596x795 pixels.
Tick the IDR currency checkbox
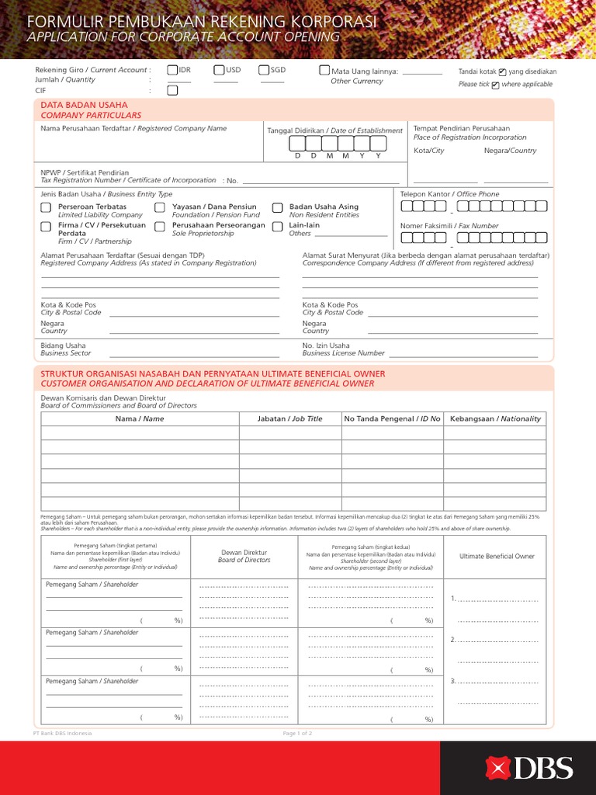pos(172,71)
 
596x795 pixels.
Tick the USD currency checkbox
pos(219,71)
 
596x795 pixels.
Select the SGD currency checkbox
pos(264,71)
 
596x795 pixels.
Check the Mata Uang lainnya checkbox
pos(324,71)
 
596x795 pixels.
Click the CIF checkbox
pos(172,90)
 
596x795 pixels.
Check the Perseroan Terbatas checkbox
pos(46,208)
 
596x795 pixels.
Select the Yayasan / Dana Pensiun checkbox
pos(159,208)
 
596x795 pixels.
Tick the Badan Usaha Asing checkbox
pos(277,208)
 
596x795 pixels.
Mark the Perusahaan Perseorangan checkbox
pos(159,227)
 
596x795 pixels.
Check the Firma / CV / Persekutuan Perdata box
pos(46,227)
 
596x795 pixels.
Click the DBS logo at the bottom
pos(529,768)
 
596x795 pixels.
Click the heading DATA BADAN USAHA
pos(84,105)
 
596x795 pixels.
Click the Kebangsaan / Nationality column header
pos(495,418)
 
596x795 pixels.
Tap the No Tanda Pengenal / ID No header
pos(392,418)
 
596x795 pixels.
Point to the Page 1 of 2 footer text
pos(298,733)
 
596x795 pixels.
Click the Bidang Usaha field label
pos(64,345)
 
